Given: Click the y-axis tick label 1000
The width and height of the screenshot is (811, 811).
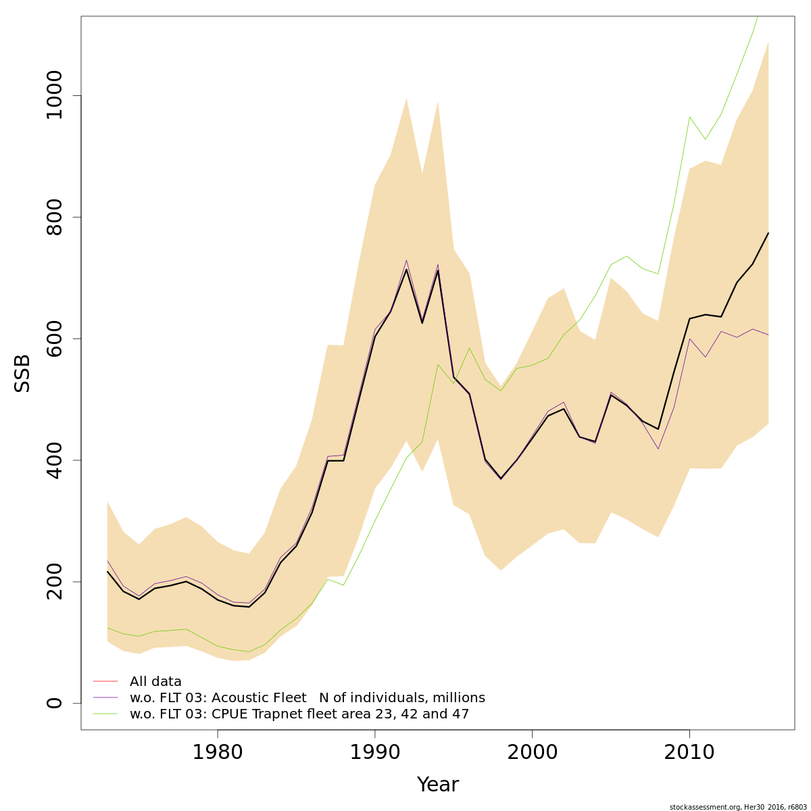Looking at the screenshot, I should tap(54, 95).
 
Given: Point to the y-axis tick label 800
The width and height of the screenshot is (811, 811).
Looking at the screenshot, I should tap(54, 217).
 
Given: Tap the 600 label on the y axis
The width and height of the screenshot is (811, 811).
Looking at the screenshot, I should tap(54, 339).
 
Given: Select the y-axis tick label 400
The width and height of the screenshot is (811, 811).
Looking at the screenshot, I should tap(54, 460).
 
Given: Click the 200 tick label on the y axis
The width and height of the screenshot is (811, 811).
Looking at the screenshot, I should tap(54, 582).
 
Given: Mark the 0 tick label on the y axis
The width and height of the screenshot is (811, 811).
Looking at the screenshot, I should tap(54, 703).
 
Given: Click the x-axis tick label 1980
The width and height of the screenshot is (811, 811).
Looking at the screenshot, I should tap(218, 753).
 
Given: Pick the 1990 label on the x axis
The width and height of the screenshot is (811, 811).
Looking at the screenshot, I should tap(374, 753).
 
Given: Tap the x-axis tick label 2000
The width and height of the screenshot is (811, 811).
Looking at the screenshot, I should tap(532, 753).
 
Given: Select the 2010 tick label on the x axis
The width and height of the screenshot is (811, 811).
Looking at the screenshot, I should tap(689, 753).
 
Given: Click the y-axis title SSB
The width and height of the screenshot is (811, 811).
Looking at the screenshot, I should tap(23, 373).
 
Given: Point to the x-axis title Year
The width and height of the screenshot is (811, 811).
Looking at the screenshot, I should tap(437, 785).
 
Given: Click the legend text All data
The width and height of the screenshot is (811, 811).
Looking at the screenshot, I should tap(155, 682).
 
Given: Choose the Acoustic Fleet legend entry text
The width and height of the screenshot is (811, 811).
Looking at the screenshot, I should tap(308, 698).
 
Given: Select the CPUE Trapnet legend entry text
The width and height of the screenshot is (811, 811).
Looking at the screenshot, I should tap(299, 714).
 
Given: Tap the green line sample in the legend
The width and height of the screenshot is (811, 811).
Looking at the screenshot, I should tap(105, 714).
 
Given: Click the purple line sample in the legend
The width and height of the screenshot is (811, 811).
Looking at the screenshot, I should tap(105, 697).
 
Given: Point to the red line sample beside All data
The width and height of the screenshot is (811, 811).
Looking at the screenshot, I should tap(105, 681).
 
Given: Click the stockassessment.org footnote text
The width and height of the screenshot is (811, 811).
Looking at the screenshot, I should tap(738, 807).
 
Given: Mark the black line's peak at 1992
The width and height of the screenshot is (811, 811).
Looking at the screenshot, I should tap(406, 270).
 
